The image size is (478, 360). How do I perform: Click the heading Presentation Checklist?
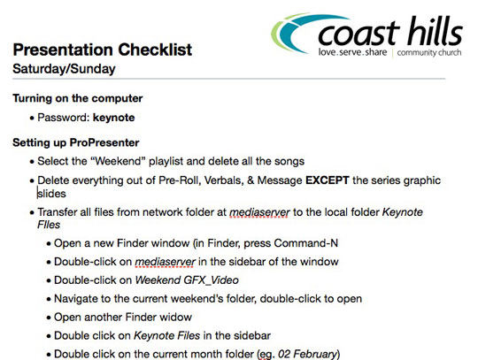pos(103,50)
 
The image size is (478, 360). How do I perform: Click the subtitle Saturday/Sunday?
pos(64,69)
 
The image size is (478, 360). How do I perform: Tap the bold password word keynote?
pos(113,118)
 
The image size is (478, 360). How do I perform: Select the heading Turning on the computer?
pos(78,98)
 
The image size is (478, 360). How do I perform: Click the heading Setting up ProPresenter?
pos(76,142)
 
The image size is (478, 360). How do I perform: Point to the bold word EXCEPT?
pos(328,180)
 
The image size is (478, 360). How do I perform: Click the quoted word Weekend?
pos(118,161)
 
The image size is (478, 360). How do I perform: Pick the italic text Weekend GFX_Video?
pos(187,280)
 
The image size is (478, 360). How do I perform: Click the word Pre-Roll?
pos(180,180)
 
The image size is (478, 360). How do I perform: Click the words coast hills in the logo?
pos(390,32)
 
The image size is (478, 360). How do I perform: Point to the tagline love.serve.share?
pos(352,52)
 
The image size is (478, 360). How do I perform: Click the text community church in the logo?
pos(429,52)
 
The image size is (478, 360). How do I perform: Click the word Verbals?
pos(224,180)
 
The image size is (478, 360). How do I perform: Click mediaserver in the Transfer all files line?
pos(259,212)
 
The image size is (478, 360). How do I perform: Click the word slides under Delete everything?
pos(51,194)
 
